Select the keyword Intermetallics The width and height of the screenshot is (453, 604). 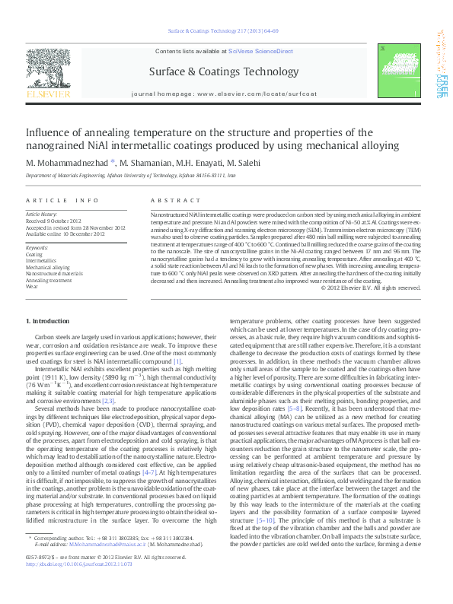(43, 261)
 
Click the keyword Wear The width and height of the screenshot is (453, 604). (32, 288)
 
